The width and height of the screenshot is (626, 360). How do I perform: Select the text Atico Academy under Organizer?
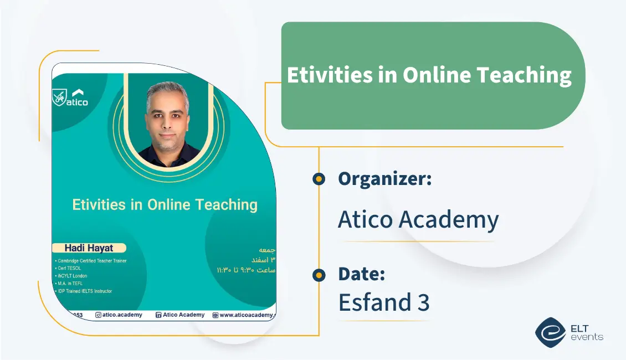418,220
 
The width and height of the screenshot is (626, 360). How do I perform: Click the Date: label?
361,274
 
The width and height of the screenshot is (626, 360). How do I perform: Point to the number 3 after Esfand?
423,302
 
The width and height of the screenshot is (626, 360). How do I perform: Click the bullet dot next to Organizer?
319,178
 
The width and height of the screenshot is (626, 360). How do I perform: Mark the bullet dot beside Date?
319,274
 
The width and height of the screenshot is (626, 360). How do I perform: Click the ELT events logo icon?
550,332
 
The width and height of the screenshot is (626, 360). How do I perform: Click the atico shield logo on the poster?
59,97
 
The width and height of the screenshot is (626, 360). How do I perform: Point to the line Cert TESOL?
69,268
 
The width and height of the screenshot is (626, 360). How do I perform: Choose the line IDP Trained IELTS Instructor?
84,291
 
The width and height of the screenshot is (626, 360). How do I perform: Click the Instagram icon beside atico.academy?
98,315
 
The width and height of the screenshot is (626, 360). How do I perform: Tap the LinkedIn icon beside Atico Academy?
158,315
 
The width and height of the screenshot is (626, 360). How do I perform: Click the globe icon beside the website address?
215,315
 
